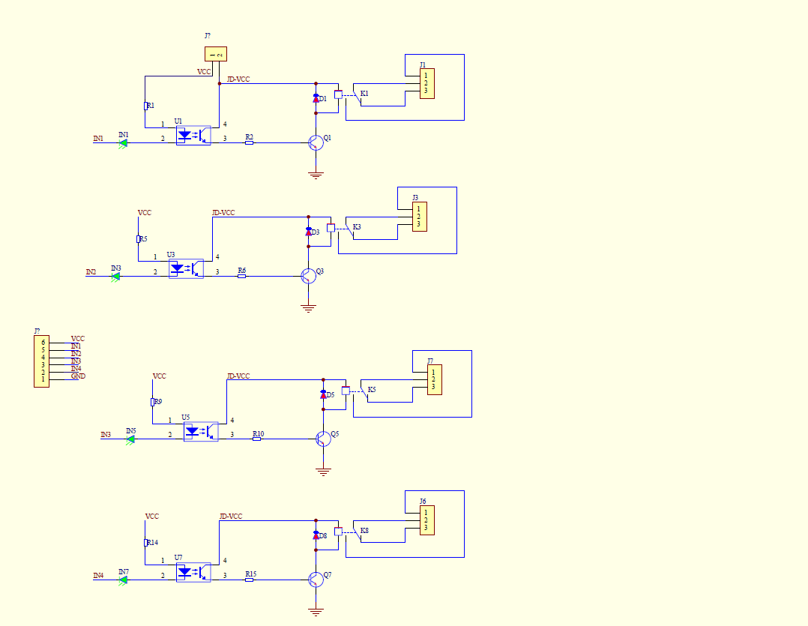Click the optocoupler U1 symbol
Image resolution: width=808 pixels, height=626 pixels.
tap(193, 136)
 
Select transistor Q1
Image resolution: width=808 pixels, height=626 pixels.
tap(316, 142)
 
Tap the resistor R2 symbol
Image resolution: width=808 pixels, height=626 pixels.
tap(249, 142)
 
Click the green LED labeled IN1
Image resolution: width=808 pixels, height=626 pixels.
tap(123, 142)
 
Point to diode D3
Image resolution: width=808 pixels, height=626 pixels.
tap(308, 232)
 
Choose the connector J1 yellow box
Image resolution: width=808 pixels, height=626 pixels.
tap(426, 83)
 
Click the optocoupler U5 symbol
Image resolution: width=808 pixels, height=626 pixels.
tap(200, 431)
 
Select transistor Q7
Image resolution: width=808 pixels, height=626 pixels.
tap(316, 579)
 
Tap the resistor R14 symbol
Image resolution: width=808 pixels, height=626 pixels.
tap(145, 542)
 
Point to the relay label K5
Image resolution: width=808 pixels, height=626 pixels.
tap(372, 390)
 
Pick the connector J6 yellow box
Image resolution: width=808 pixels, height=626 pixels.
tap(426, 520)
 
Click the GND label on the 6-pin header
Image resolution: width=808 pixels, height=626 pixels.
tap(78, 376)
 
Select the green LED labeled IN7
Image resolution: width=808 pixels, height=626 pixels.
tap(123, 579)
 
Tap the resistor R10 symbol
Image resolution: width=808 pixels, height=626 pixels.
tap(256, 439)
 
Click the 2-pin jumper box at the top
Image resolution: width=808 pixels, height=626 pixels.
tap(215, 54)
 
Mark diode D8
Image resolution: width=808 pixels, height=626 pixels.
tap(316, 535)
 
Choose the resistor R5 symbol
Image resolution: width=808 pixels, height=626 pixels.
tap(139, 238)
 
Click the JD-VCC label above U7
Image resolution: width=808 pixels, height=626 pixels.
tap(231, 517)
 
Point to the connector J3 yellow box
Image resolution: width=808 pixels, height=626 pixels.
tap(419, 217)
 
